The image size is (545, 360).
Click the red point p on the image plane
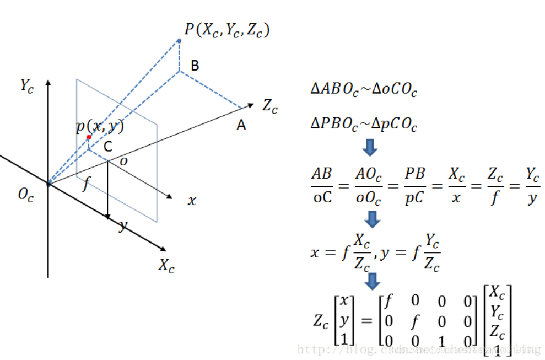click(89, 137)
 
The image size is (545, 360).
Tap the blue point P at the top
click(179, 41)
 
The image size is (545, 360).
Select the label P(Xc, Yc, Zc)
click(226, 30)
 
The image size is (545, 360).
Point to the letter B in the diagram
click(195, 66)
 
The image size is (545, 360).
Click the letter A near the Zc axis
click(241, 126)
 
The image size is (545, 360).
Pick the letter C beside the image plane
click(109, 147)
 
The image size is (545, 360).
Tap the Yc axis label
click(26, 85)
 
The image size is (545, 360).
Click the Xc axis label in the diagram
click(166, 266)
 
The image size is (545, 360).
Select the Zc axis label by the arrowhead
click(270, 106)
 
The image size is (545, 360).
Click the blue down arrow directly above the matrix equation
click(374, 281)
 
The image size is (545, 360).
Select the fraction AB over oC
click(321, 186)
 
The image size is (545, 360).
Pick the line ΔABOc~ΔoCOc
click(364, 89)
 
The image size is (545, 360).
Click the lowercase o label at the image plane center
click(123, 160)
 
